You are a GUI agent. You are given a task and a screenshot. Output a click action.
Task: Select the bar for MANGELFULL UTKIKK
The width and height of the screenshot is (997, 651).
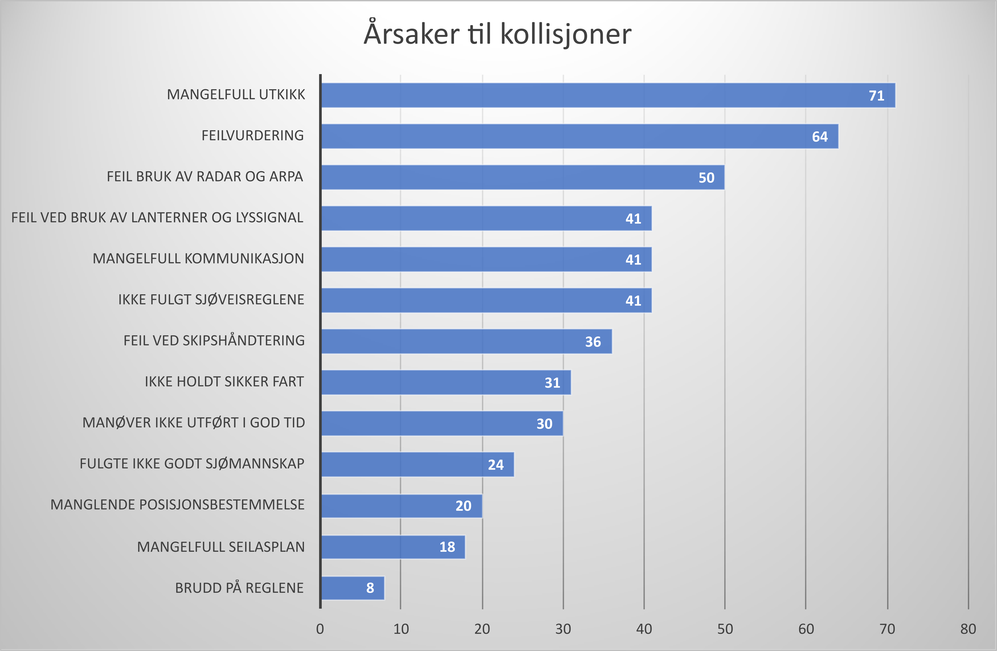(607, 95)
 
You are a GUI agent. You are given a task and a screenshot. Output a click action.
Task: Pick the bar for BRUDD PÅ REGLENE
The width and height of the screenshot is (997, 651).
(352, 588)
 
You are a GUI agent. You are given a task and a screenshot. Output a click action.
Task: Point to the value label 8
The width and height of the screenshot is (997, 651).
(370, 588)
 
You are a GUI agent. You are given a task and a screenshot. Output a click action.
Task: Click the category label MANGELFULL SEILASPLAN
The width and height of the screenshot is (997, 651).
(221, 547)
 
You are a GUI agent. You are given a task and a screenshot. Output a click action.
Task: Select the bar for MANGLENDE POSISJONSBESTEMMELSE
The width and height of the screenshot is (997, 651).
(401, 506)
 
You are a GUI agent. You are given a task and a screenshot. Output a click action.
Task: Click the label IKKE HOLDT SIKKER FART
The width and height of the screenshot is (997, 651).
(224, 382)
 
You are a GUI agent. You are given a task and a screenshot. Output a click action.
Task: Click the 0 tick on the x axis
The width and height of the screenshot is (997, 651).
(320, 629)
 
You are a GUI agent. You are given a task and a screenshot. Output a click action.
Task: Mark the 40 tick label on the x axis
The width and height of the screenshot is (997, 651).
(644, 629)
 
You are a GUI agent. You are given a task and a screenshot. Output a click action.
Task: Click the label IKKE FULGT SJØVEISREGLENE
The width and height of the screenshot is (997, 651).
(211, 300)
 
